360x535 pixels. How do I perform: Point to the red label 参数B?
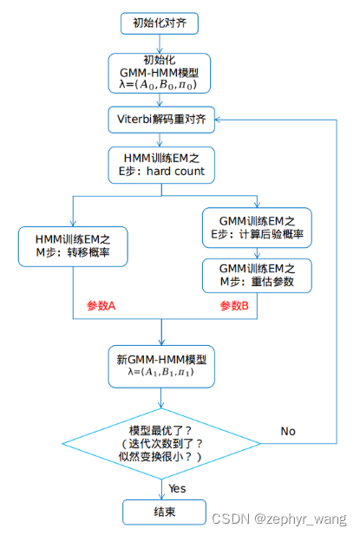(234, 306)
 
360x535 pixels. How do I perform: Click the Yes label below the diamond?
(177, 488)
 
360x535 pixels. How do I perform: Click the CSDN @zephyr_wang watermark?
(278, 518)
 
